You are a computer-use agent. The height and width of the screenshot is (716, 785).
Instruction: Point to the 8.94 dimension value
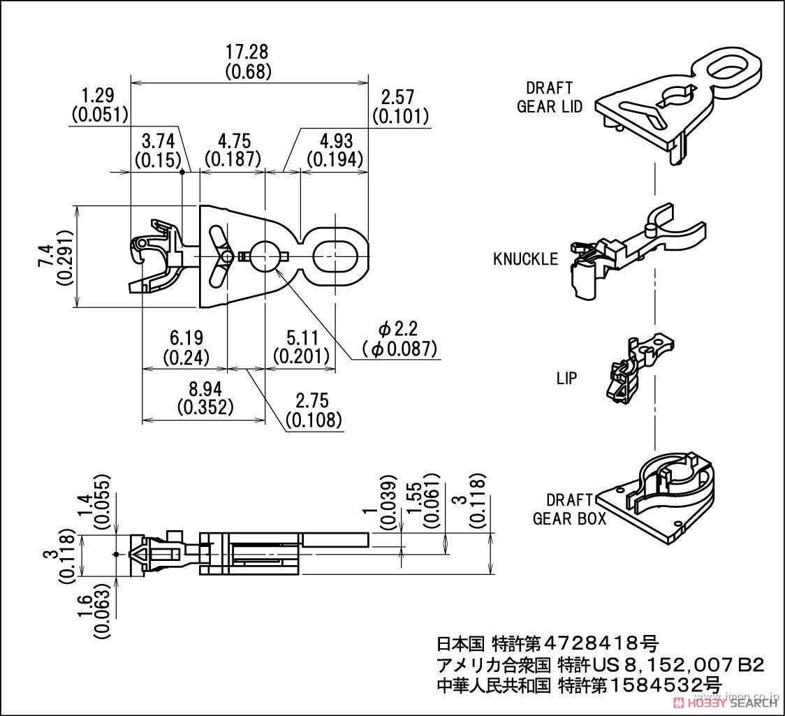coord(205,388)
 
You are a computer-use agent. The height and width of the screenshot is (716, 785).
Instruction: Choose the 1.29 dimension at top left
coord(98,96)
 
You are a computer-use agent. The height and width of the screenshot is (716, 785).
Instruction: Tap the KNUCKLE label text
coord(525,259)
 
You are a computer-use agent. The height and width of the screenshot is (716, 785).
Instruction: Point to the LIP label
coord(566,378)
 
